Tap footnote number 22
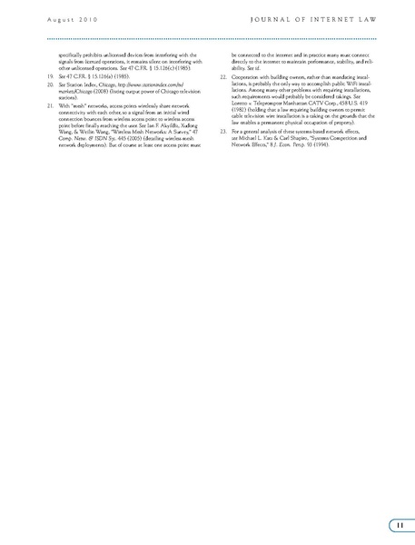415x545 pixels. point(224,78)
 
